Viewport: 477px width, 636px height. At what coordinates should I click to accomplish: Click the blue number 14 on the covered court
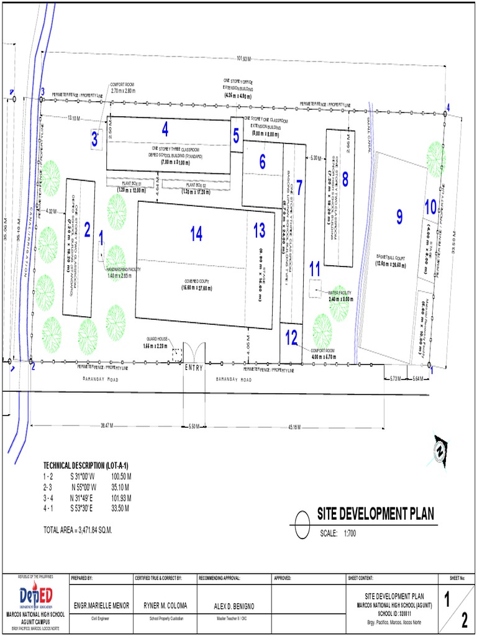click(x=196, y=234)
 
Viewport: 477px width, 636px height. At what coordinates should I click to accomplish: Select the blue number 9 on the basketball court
click(x=399, y=216)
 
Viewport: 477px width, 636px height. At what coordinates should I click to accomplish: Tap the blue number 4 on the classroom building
click(x=165, y=129)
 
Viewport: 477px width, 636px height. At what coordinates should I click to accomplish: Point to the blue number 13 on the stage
click(x=259, y=230)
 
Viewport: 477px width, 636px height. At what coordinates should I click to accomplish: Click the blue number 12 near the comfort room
click(x=291, y=337)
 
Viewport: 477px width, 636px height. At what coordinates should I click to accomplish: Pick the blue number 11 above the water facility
click(x=315, y=268)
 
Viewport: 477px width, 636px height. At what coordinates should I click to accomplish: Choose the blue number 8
click(x=345, y=179)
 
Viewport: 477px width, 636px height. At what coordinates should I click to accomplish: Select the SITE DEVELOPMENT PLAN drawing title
click(x=375, y=514)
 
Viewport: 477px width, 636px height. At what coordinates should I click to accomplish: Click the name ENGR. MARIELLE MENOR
click(x=101, y=606)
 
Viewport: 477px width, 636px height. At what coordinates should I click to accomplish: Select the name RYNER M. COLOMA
click(x=165, y=606)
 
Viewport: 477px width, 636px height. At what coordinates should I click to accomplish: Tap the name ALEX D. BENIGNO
click(x=230, y=606)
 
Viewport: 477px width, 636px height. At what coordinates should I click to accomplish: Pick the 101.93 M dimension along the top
click(x=243, y=59)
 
